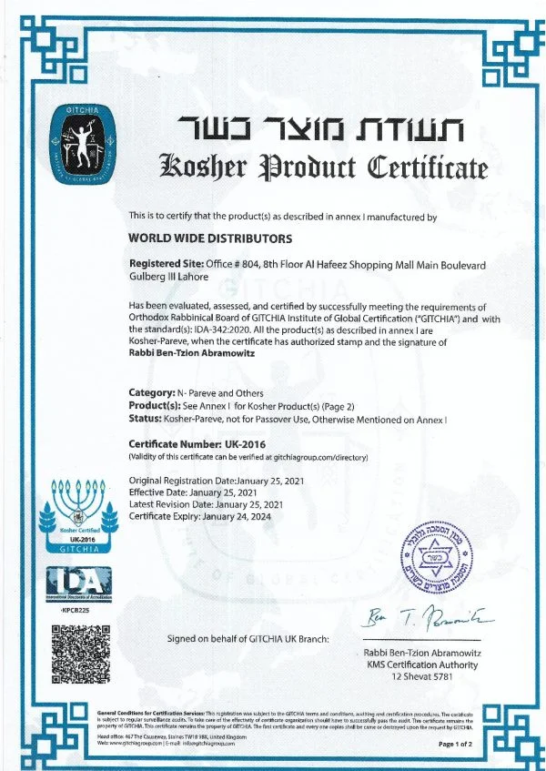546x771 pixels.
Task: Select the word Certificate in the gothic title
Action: coord(428,169)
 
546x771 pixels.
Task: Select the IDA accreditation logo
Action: coord(78,583)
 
